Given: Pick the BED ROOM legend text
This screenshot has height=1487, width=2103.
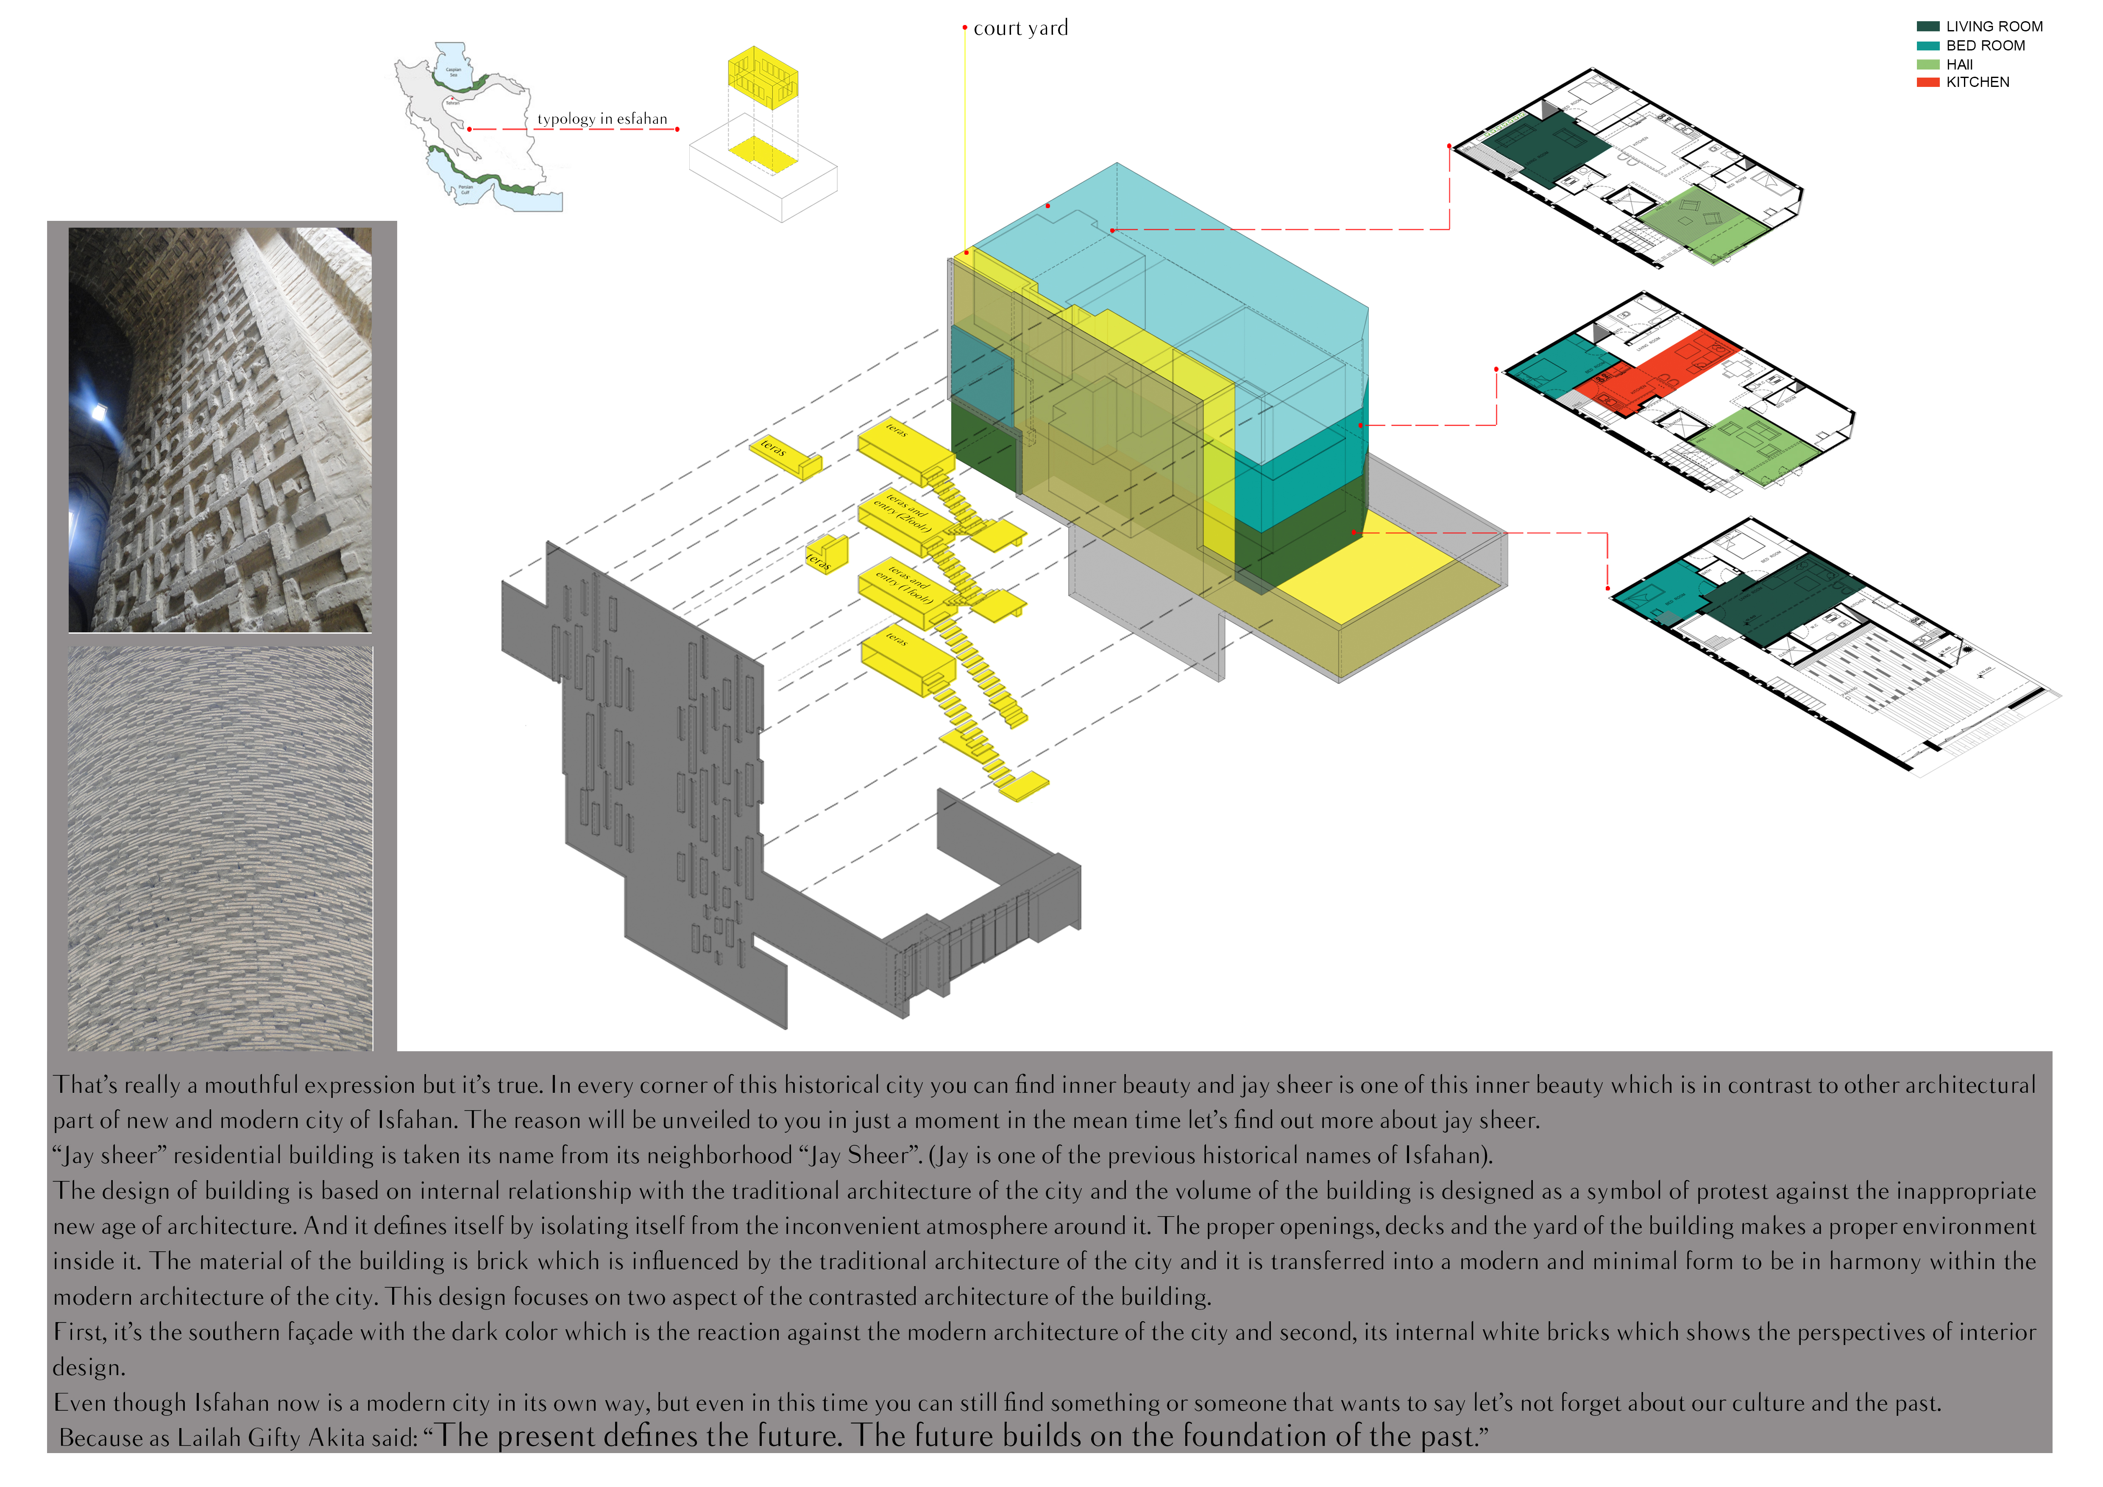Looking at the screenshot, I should click(1985, 46).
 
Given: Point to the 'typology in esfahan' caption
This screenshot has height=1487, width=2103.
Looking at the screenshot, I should click(602, 119).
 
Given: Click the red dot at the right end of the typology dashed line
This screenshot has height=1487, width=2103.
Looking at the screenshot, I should click(677, 129).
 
